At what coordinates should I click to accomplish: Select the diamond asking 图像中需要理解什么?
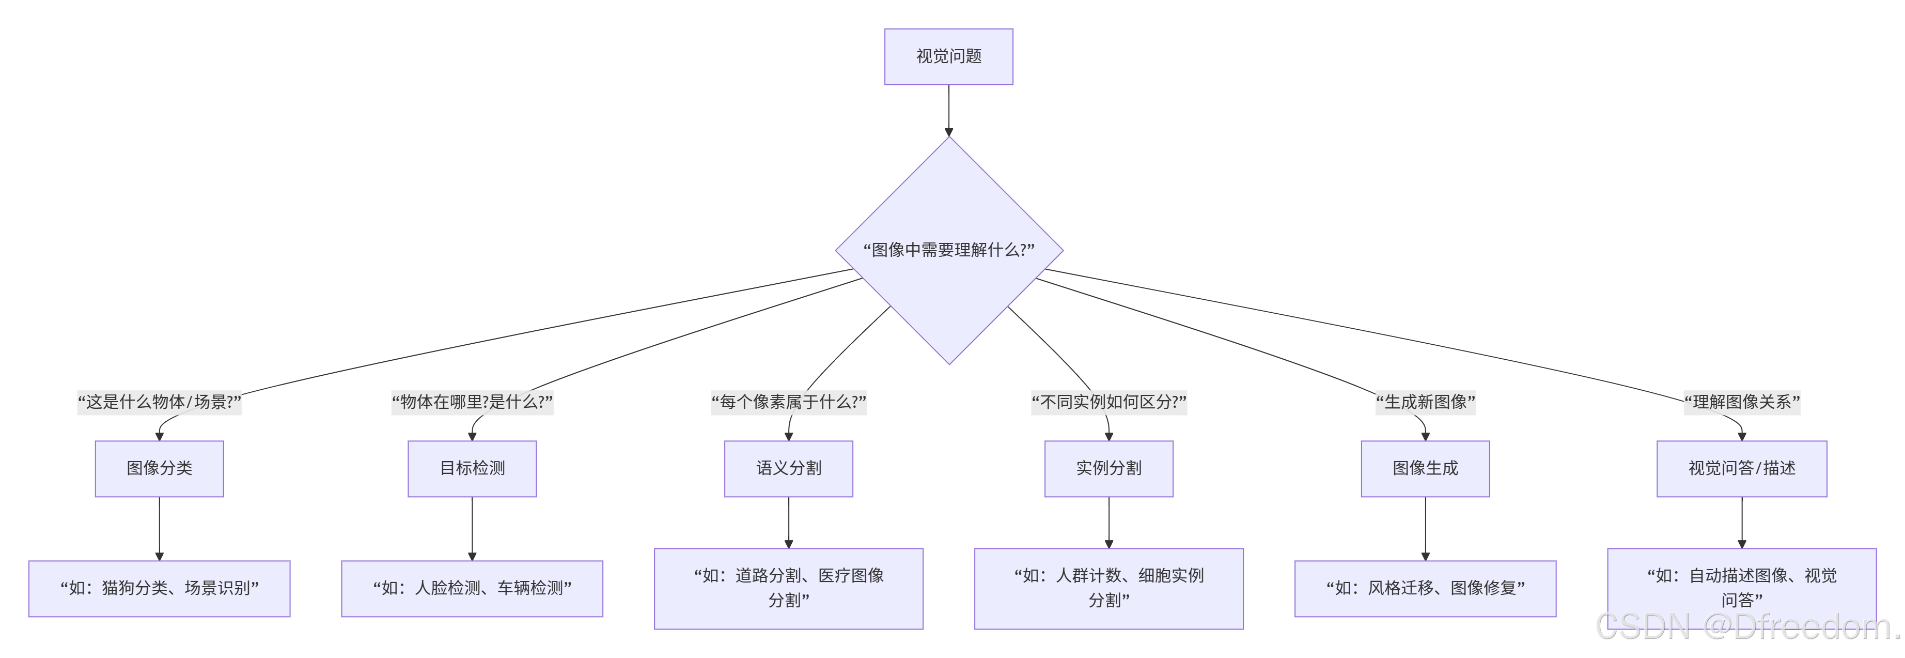tap(949, 250)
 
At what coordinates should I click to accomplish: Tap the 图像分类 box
tap(159, 468)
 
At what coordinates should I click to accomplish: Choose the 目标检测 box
tap(472, 468)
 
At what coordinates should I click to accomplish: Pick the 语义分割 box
tap(788, 468)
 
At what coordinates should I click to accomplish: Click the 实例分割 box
tap(1108, 468)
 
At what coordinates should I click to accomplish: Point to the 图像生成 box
tap(1425, 468)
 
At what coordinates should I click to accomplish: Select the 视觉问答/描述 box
tap(1742, 468)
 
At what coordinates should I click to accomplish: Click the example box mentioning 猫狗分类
tap(159, 588)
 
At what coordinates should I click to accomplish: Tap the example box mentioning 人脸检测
tap(472, 588)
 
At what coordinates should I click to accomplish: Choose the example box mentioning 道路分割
tap(788, 588)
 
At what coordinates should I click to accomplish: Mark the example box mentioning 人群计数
tap(1108, 588)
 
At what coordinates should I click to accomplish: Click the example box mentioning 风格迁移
tap(1425, 588)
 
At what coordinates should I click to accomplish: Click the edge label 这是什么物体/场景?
tap(159, 402)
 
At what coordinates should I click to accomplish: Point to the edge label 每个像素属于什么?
tap(788, 402)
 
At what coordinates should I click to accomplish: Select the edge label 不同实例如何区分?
tap(1108, 402)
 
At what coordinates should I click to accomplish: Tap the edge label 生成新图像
tap(1425, 402)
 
